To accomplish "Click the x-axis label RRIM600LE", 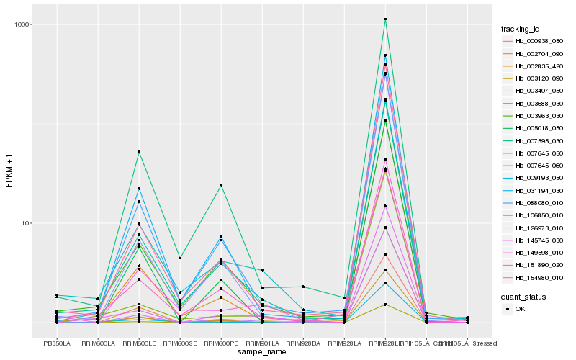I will [x=139, y=343].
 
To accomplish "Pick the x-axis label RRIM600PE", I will [x=221, y=343].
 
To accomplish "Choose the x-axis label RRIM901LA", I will [x=262, y=343].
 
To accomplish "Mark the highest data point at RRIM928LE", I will [x=385, y=19].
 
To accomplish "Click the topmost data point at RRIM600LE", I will [x=139, y=152].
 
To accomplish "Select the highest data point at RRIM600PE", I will [x=221, y=186].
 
